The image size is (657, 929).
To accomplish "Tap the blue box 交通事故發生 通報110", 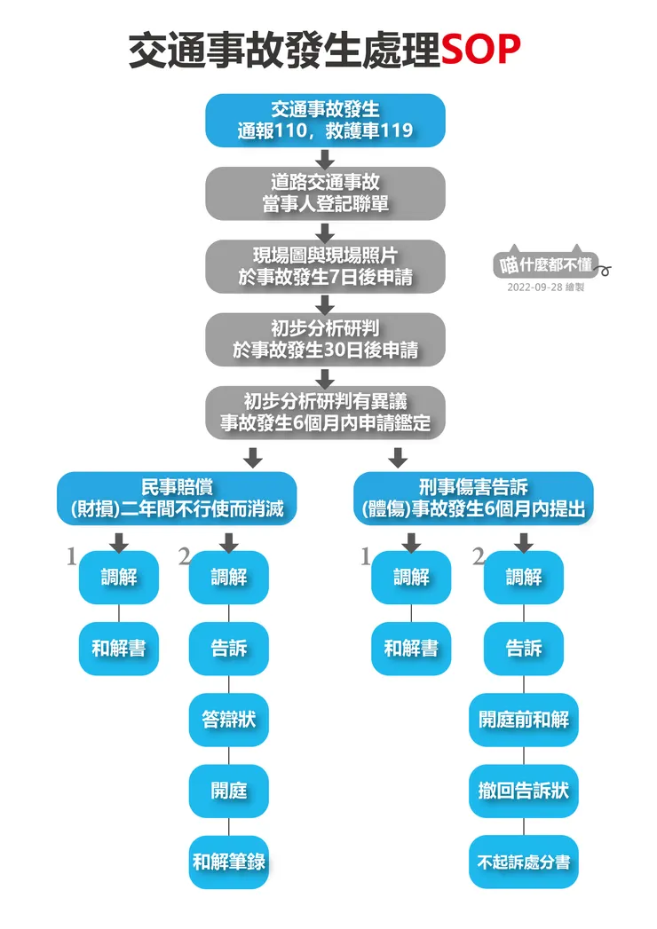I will (x=325, y=121).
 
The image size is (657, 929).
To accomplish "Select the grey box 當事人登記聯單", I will (x=325, y=193).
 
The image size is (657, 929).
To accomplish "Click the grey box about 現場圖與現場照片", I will (x=325, y=266).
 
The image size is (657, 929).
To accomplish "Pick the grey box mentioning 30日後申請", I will (x=325, y=339).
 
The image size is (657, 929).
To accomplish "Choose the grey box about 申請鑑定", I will (x=325, y=412).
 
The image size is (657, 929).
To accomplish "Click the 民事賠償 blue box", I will (x=178, y=499).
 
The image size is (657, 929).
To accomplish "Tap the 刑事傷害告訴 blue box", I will (x=473, y=499).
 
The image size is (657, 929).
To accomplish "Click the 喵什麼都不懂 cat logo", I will (x=546, y=264).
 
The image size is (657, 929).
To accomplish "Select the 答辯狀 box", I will (x=228, y=720).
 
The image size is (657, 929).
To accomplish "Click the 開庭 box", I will (x=228, y=791).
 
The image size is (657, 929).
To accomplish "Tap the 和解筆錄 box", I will (x=228, y=862).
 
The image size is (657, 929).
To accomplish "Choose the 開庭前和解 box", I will (x=523, y=720).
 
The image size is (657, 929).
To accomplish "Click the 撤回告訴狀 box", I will (x=523, y=791).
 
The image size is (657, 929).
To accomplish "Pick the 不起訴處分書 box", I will (x=523, y=862).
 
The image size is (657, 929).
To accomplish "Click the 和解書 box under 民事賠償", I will (x=119, y=649).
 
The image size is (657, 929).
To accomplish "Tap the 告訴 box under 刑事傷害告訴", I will (x=523, y=649).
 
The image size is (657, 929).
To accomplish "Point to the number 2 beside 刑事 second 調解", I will (x=479, y=556).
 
